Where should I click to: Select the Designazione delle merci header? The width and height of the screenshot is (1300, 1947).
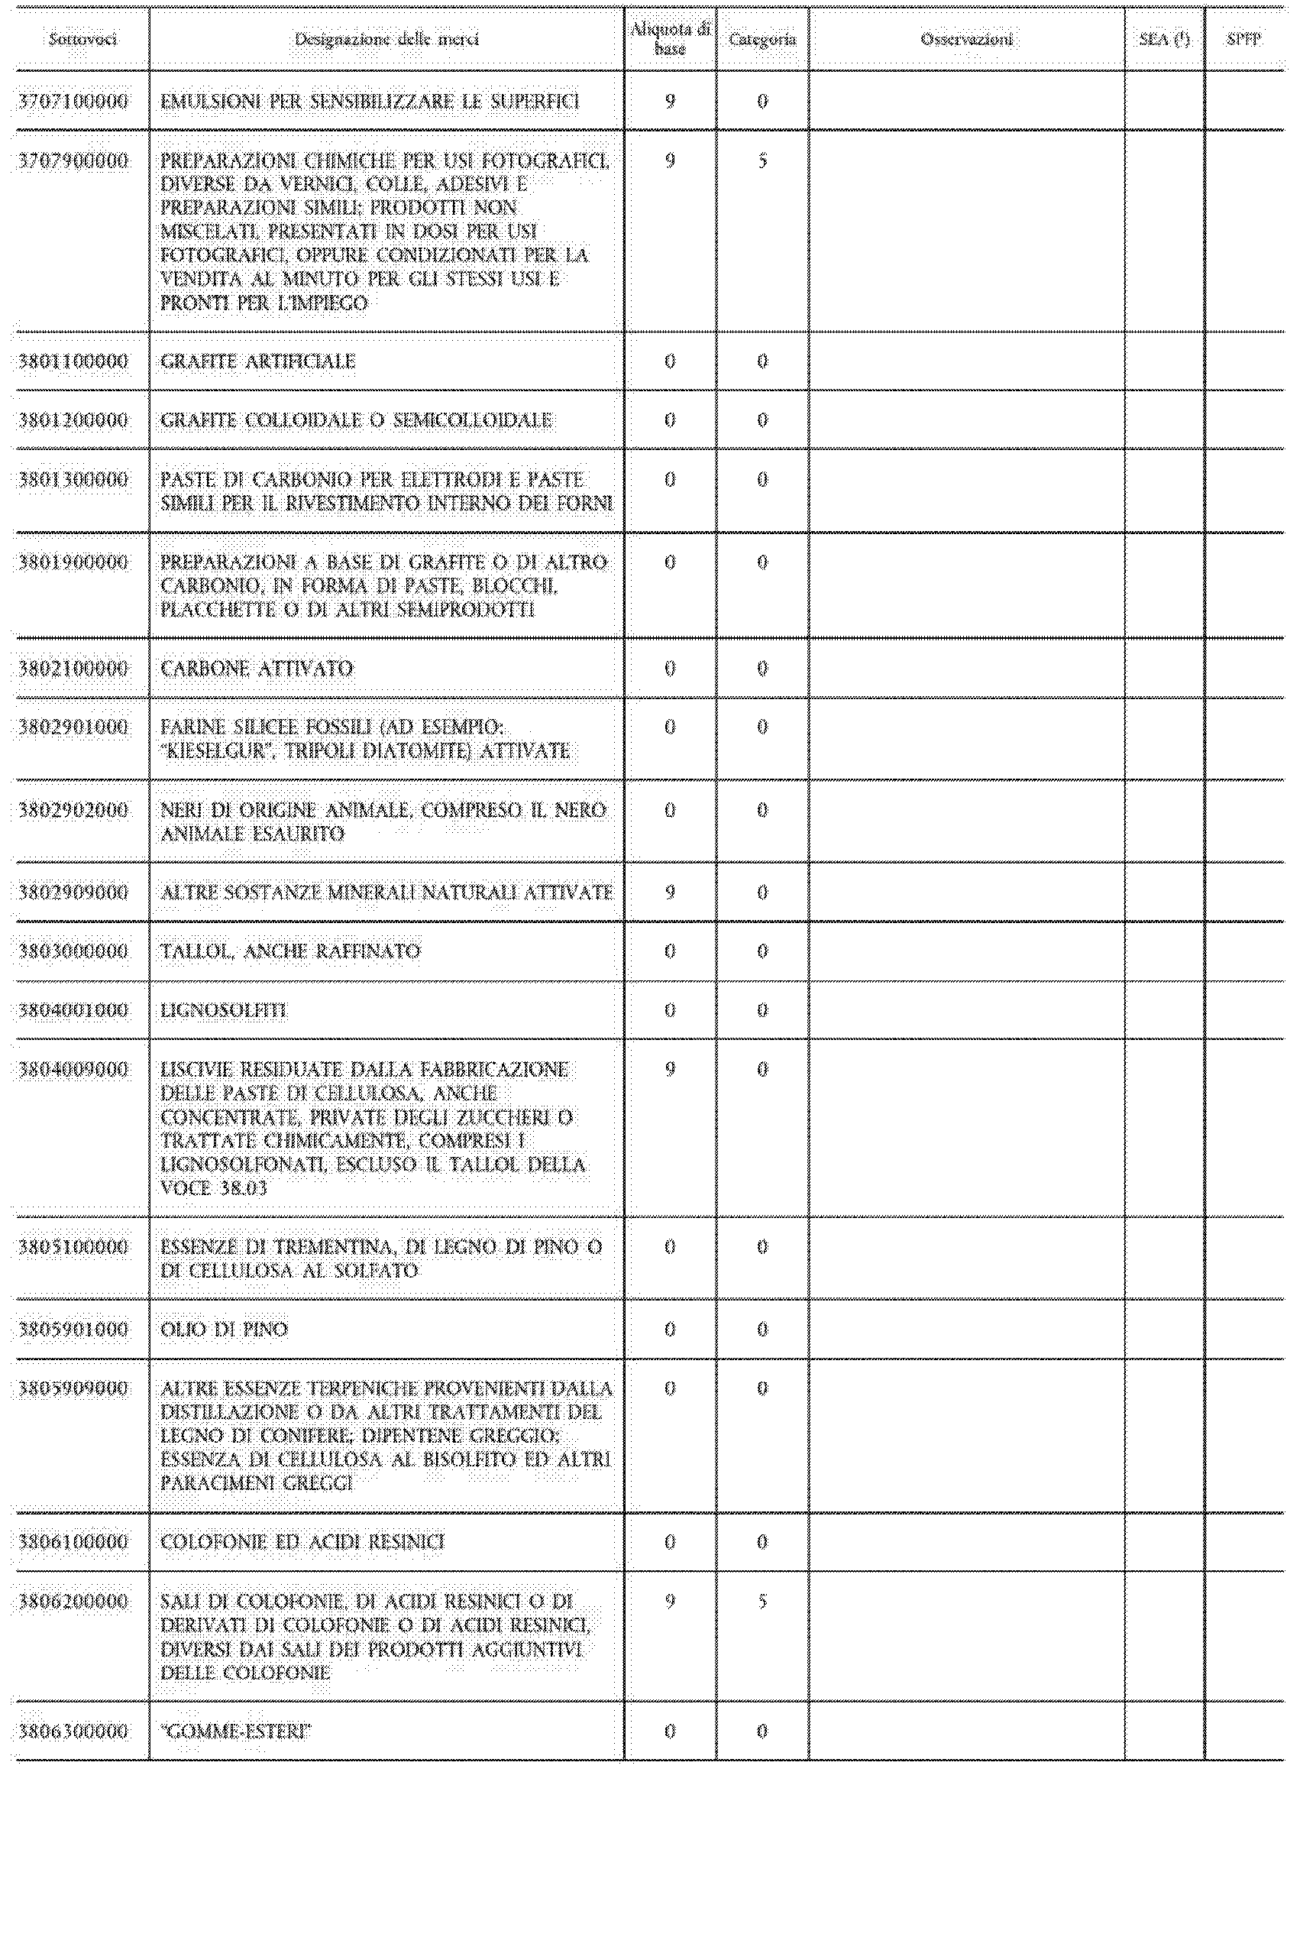tap(386, 39)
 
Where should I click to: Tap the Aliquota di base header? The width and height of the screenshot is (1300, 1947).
tap(670, 39)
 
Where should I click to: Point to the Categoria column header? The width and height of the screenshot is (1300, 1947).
tap(762, 39)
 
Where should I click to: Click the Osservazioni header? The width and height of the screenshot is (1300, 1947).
tap(967, 39)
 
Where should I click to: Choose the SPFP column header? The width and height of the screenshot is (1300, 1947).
tap(1243, 39)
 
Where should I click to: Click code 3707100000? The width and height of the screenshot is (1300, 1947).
tap(74, 101)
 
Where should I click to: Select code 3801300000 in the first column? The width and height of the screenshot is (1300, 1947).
tap(74, 479)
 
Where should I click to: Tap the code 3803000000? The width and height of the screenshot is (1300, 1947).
tap(74, 951)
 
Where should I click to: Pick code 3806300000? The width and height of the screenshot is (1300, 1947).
tap(74, 1732)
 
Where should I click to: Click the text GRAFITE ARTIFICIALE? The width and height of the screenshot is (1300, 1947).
tap(258, 361)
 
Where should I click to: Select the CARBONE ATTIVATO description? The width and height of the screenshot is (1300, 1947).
tap(257, 669)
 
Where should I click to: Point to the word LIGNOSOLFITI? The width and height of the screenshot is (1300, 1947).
tap(224, 1011)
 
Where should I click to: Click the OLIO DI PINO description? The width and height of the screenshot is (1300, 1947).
tap(224, 1330)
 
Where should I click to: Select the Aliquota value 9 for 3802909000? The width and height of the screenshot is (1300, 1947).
tap(670, 893)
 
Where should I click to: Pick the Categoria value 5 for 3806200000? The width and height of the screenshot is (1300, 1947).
tap(762, 1601)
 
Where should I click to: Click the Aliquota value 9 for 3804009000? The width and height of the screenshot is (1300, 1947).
tap(670, 1070)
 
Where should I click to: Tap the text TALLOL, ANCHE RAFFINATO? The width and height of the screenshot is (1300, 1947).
tap(290, 951)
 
